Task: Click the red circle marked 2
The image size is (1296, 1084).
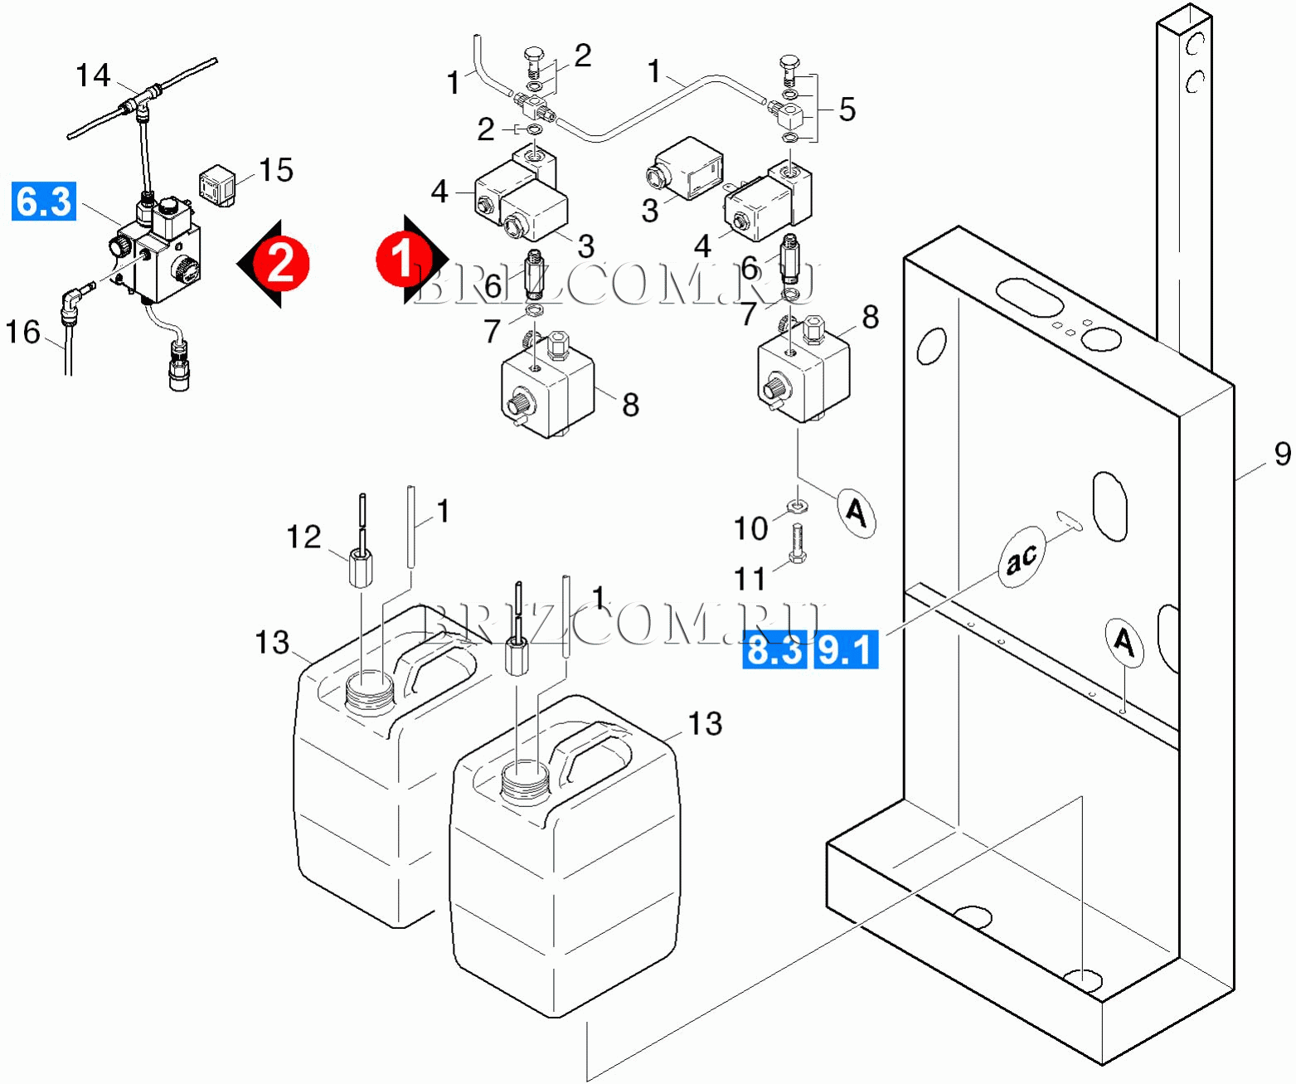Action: (x=281, y=263)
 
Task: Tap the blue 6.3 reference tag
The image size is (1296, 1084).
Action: (x=44, y=202)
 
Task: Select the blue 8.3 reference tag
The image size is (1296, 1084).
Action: (x=774, y=649)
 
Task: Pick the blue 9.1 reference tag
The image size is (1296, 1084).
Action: (x=846, y=649)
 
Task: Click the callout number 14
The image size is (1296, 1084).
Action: (x=93, y=75)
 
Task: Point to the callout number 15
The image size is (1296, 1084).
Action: (x=276, y=170)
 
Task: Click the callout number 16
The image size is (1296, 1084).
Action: (x=22, y=332)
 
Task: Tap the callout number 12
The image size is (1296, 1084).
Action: (x=303, y=537)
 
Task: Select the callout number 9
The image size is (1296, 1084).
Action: (x=1282, y=454)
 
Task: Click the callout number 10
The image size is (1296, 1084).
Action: (x=750, y=528)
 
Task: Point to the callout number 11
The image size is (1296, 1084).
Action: (x=750, y=578)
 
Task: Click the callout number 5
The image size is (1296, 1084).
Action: (x=847, y=109)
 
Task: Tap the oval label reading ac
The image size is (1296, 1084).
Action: (x=1022, y=557)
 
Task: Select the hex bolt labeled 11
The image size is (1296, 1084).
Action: (x=798, y=545)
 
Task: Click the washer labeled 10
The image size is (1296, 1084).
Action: (x=798, y=505)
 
